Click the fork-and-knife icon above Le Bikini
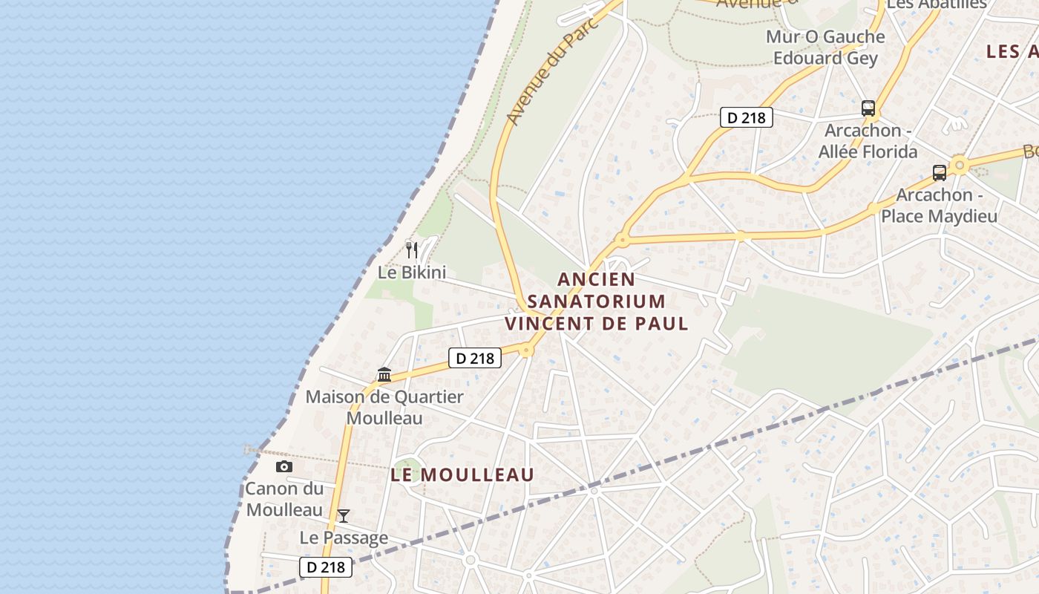pyautogui.click(x=412, y=249)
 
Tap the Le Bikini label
pyautogui.click(x=412, y=272)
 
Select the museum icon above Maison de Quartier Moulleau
pyautogui.click(x=384, y=374)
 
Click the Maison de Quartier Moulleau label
pyautogui.click(x=384, y=407)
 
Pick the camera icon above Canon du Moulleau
pyautogui.click(x=283, y=466)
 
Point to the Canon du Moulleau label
pyautogui.click(x=285, y=499)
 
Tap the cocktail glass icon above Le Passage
pyautogui.click(x=343, y=515)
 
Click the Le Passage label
pyautogui.click(x=344, y=538)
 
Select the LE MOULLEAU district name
pyautogui.click(x=462, y=474)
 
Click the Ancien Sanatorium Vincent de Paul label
pyautogui.click(x=597, y=301)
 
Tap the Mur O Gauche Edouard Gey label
pyautogui.click(x=825, y=48)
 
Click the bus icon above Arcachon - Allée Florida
pyautogui.click(x=868, y=108)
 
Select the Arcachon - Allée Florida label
pyautogui.click(x=868, y=141)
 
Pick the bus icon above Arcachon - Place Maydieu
pyautogui.click(x=939, y=173)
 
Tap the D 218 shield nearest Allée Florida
pyautogui.click(x=747, y=117)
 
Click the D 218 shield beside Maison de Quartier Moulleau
pyautogui.click(x=475, y=358)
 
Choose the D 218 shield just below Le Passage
pyautogui.click(x=326, y=567)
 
